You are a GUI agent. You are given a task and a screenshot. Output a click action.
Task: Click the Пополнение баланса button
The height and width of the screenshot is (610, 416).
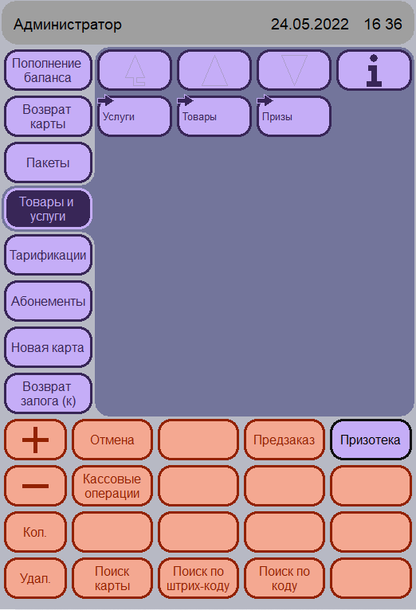point(48,70)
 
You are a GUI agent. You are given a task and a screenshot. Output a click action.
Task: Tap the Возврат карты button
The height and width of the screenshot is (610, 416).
point(48,117)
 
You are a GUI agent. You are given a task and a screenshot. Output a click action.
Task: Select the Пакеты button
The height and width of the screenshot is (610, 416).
point(48,162)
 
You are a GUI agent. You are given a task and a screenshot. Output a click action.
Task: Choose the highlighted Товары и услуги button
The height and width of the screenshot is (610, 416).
point(48,209)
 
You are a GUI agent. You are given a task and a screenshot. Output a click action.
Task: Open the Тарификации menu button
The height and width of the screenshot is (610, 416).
point(48,255)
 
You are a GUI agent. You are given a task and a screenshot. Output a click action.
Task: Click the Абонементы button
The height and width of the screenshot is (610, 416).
point(48,301)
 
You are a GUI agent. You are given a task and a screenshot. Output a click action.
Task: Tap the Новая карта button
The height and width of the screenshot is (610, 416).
point(48,347)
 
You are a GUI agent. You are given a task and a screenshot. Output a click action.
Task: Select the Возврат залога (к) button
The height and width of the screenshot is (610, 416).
point(48,393)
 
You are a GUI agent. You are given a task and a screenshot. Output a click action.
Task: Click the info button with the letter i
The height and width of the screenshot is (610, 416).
point(374,70)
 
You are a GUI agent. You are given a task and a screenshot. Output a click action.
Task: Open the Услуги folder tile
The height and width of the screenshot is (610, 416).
point(134,116)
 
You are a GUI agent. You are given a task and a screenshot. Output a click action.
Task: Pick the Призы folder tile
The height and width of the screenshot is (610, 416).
point(294,116)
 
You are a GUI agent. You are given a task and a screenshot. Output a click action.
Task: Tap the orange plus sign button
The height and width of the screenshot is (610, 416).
point(35,440)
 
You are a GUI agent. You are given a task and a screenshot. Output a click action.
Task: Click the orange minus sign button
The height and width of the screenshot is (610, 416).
point(35,486)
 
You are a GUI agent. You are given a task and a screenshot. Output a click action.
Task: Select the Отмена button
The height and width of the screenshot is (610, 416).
point(112,440)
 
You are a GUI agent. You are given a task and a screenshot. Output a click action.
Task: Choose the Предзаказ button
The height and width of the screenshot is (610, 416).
point(284,440)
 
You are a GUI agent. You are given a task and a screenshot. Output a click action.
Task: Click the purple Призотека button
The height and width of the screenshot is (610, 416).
point(371,440)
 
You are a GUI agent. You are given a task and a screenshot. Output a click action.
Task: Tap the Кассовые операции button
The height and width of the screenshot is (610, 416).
point(112,486)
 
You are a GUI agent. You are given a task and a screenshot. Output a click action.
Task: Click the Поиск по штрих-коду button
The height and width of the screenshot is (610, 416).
point(198,578)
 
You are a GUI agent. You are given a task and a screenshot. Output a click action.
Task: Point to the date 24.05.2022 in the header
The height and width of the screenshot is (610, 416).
point(310,25)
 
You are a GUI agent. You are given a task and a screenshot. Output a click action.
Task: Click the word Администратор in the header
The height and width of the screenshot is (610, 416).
point(68,25)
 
